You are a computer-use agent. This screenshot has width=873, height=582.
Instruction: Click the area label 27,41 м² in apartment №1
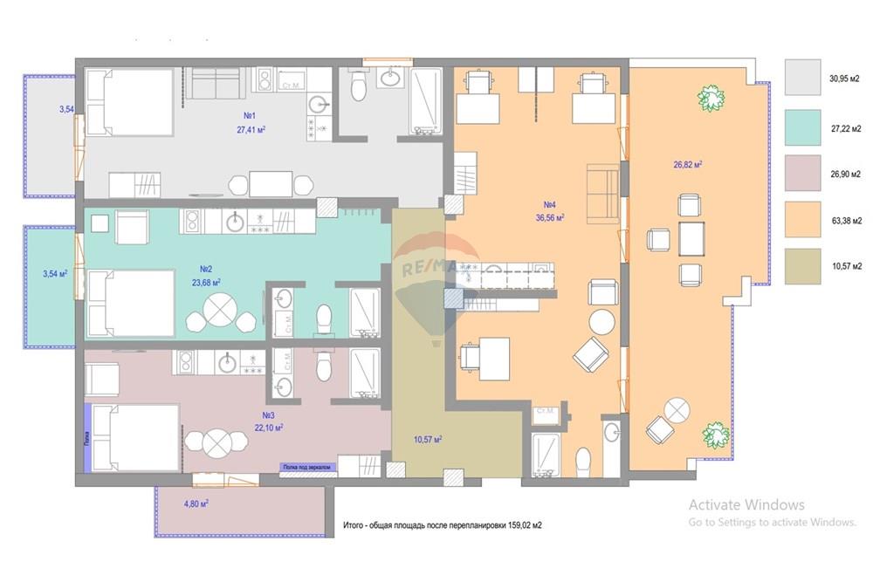coord(251,129)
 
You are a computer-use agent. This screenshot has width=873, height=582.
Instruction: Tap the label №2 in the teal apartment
coord(208,269)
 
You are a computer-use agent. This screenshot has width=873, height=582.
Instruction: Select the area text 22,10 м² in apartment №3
coord(267,428)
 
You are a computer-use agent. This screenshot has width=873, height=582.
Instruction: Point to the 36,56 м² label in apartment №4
coord(550,218)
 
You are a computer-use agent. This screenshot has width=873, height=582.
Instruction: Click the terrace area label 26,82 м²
coord(689,164)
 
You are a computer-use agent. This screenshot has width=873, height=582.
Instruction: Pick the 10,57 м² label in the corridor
coord(428,439)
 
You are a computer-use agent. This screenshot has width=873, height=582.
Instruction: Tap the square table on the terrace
coord(691,237)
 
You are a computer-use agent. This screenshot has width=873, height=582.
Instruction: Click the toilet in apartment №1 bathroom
coord(357,88)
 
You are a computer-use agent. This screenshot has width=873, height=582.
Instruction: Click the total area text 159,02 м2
coord(443,526)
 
